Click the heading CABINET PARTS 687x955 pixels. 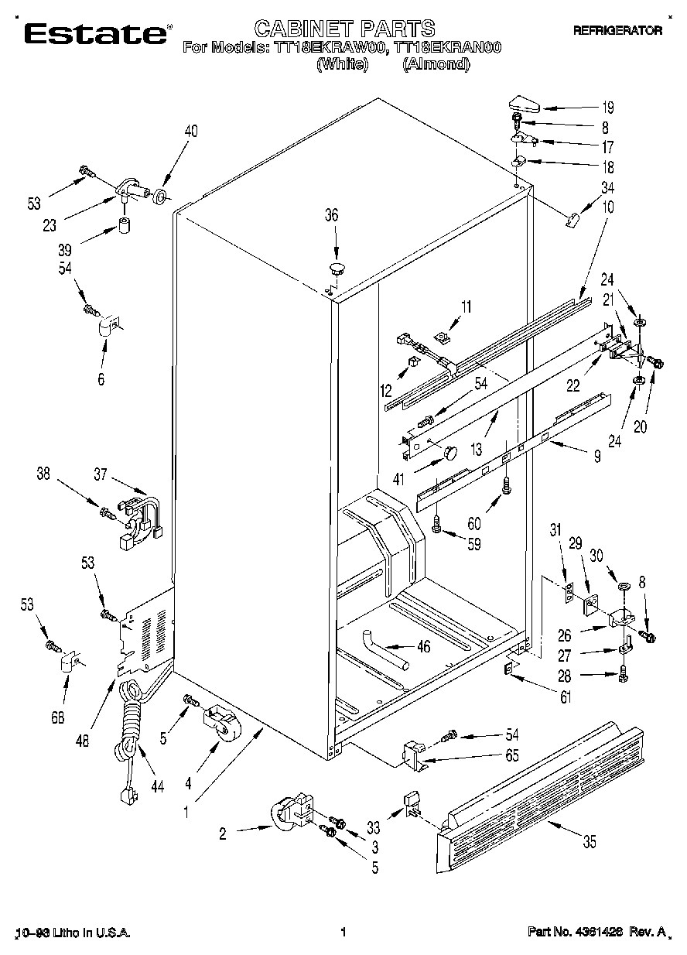[x=344, y=29]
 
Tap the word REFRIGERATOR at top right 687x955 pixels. [x=617, y=31]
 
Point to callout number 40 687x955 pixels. [x=190, y=132]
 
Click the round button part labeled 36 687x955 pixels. [x=337, y=269]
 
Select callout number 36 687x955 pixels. [x=331, y=216]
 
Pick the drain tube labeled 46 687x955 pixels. [x=381, y=650]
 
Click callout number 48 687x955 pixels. [x=83, y=740]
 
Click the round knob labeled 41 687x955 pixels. [x=449, y=452]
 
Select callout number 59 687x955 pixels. [x=473, y=544]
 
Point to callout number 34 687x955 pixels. [x=607, y=186]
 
